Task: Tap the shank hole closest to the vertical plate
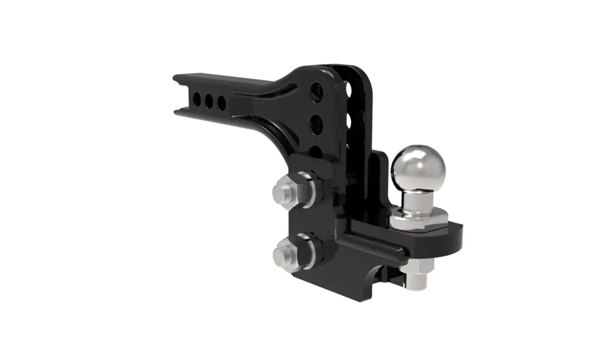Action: tap(221, 102)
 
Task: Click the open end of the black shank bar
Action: tap(178, 95)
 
